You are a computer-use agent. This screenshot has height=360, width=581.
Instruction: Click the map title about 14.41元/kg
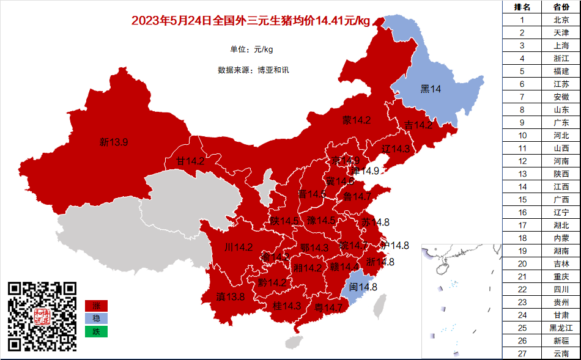(251, 21)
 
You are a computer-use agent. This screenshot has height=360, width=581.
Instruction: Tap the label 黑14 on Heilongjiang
(431, 89)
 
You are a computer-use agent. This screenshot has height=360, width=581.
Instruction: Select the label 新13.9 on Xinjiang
(114, 142)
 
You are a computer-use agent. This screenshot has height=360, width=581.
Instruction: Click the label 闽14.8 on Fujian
(363, 287)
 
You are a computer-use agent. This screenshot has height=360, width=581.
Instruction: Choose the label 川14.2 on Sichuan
(239, 248)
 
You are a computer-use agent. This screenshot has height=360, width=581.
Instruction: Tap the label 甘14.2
(190, 161)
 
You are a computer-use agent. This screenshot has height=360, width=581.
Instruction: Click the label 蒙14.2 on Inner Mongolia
(357, 120)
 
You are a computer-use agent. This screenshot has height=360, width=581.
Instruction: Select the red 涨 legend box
(96, 305)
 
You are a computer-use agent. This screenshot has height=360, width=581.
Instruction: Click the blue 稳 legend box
(96, 318)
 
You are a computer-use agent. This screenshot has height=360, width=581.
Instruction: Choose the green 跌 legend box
(96, 332)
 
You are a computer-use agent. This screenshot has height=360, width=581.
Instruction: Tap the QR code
(42, 316)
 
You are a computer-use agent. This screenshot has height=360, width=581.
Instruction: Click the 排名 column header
(522, 7)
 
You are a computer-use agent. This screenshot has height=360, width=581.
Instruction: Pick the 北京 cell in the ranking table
(561, 20)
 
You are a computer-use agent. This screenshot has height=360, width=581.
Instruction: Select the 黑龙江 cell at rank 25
(561, 328)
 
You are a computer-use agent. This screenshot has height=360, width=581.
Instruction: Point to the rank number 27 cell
(522, 354)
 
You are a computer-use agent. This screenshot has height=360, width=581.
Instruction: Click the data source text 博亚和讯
(273, 70)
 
